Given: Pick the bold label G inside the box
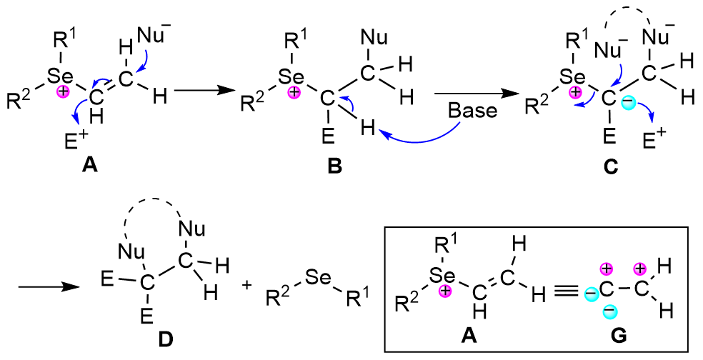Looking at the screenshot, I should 619,338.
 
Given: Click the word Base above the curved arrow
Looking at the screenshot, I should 469,112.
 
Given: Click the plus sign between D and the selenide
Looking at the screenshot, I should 247,285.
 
